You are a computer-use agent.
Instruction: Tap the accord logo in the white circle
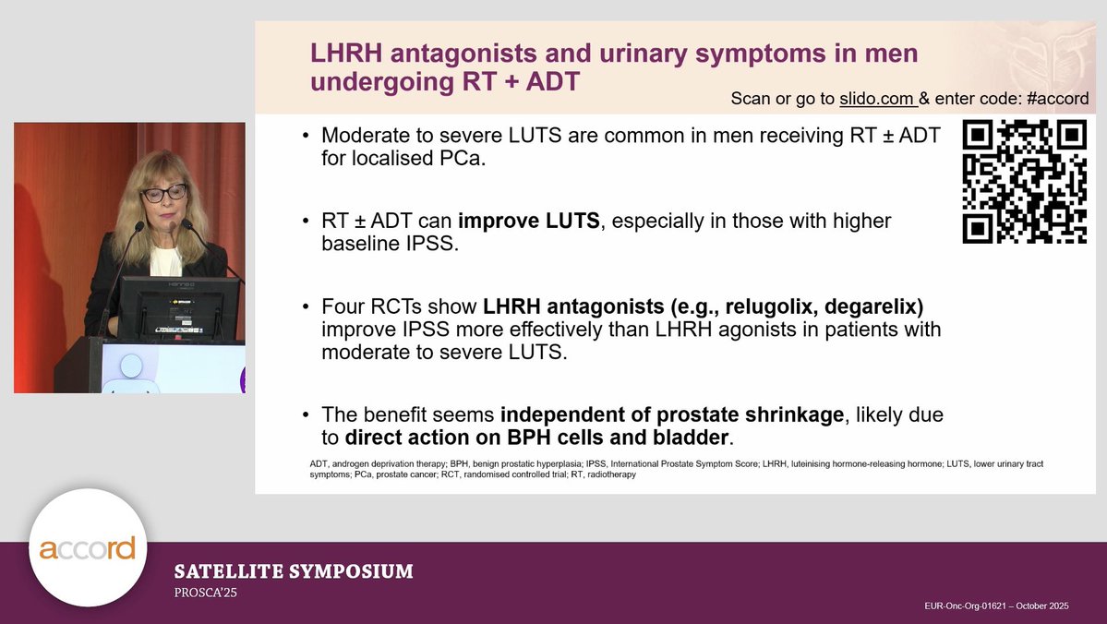click(88, 548)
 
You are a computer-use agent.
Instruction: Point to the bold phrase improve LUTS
click(529, 222)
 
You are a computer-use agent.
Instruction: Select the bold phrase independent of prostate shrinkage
click(671, 415)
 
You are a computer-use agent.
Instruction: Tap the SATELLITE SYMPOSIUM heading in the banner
click(294, 571)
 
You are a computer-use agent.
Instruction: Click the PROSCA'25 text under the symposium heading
click(206, 593)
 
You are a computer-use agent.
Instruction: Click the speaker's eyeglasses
click(163, 194)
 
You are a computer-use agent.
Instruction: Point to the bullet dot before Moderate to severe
click(306, 137)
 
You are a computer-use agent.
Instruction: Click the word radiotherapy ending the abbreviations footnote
click(608, 474)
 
